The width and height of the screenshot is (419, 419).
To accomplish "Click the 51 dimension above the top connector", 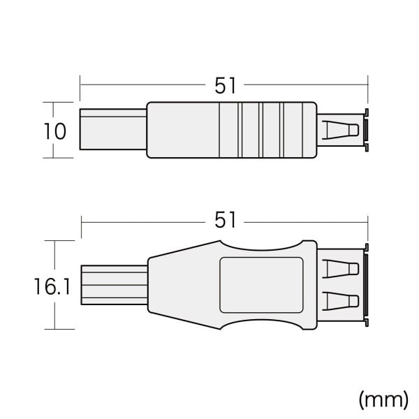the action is click(225, 85).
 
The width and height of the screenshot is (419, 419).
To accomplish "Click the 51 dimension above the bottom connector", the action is click(225, 220).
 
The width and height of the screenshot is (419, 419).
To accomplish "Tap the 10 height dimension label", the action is click(54, 131).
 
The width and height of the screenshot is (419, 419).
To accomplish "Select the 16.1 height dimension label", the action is click(52, 286).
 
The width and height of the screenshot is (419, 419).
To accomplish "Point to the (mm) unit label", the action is click(383, 399).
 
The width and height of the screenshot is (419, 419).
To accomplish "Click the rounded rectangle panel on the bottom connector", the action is click(261, 285).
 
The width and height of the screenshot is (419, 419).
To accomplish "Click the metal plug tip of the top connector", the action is click(113, 129).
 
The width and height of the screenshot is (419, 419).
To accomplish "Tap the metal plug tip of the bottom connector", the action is click(114, 285).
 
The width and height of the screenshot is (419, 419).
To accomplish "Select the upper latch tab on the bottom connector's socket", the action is click(341, 269).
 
